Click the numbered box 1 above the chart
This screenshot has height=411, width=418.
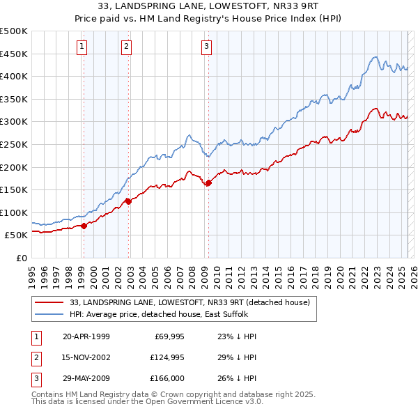coord(82,47)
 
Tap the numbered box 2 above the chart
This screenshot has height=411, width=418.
coord(126,47)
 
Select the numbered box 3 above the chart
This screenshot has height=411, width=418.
coord(207,47)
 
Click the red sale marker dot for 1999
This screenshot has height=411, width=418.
coord(84,226)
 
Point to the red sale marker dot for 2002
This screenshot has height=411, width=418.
coord(128,201)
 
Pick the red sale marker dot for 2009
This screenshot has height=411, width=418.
coord(208,183)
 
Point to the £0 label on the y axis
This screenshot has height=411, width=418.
coord(21,258)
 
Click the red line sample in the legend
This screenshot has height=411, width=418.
coord(49,302)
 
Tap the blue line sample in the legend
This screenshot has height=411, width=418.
coord(49,314)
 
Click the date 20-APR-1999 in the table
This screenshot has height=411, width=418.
coord(86,336)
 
